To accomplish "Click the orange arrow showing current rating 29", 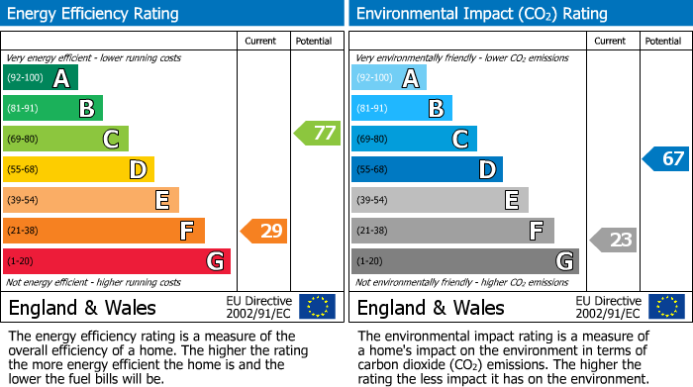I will click(264, 232).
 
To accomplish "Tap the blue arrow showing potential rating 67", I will click(666, 158).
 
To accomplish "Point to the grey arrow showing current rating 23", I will click(614, 240).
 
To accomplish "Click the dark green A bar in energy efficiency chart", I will click(40, 78).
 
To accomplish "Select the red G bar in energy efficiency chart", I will click(116, 261).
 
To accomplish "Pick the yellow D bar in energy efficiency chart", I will click(78, 169).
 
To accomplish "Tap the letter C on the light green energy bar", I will click(112, 140).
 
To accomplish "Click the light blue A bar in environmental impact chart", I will click(388, 78).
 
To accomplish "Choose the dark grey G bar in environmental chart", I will click(464, 261).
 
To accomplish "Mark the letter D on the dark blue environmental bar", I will click(486, 170).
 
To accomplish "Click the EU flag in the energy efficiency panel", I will click(317, 307).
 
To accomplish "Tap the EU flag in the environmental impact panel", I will click(665, 307).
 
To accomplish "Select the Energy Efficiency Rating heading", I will click(94, 14).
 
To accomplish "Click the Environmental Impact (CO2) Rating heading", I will click(481, 14).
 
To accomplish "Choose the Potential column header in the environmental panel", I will click(663, 41).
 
